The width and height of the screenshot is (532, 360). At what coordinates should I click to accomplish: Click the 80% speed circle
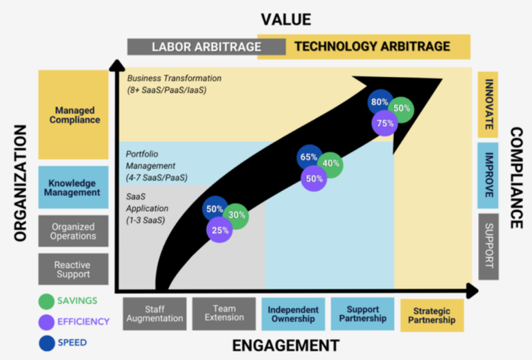(379, 102)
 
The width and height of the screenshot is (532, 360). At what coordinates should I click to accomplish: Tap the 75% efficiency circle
(384, 123)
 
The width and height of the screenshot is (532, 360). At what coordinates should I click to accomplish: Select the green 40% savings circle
(331, 164)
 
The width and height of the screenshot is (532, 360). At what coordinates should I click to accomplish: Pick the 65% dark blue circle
(309, 157)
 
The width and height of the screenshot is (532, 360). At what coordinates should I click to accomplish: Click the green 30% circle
(237, 215)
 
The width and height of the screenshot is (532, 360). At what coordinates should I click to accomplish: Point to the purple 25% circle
(220, 231)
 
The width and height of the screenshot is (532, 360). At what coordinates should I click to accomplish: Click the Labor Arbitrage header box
(206, 47)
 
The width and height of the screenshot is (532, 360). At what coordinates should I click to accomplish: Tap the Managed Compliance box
(73, 115)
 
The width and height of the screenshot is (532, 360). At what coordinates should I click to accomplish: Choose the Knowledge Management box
(73, 188)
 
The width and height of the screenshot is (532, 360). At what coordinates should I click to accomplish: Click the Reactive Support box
(73, 269)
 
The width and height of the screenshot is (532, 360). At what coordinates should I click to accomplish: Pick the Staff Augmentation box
(154, 314)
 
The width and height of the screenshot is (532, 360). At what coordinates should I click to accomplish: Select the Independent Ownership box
(293, 314)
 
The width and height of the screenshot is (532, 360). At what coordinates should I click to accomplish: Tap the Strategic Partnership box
(432, 316)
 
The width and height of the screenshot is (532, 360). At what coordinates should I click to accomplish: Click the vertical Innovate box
(488, 105)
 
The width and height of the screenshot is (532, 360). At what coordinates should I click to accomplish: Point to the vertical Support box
(488, 246)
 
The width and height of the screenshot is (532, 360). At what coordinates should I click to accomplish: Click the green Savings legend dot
(46, 301)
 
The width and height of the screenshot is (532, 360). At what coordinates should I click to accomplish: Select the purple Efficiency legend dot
(46, 321)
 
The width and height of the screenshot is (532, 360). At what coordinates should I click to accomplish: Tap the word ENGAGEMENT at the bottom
(285, 345)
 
